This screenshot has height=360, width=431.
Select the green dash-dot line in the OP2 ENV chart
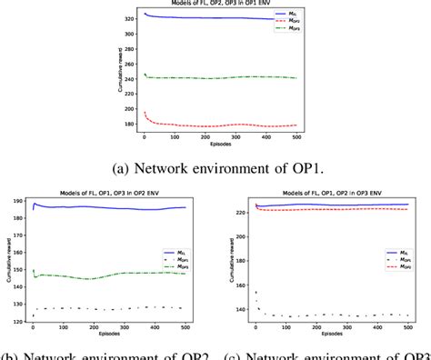(109, 276)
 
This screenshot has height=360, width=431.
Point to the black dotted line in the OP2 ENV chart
(109, 307)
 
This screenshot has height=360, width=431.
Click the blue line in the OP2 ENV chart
(109, 207)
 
